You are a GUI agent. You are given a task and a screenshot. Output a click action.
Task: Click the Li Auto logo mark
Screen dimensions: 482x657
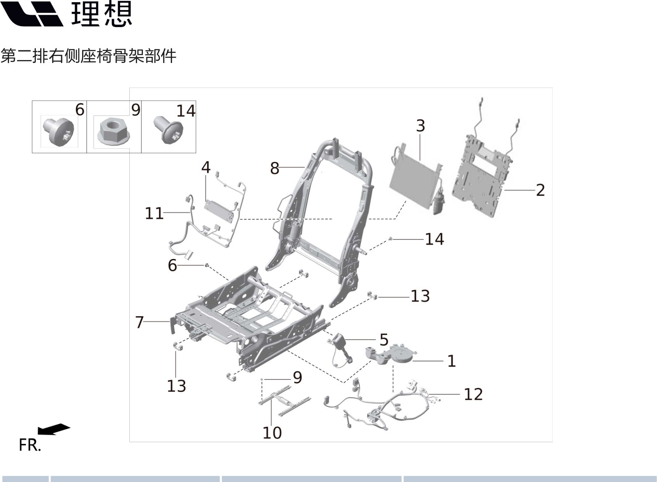point(33,14)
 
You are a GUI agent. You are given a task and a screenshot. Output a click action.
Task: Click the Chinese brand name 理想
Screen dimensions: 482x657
point(101,14)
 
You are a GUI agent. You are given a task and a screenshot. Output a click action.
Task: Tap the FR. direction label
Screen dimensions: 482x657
point(30,445)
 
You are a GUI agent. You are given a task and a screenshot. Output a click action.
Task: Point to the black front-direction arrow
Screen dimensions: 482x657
point(54,429)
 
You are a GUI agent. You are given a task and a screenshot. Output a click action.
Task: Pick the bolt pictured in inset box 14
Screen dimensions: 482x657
point(168,130)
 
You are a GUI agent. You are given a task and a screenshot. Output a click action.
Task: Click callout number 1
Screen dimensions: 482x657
point(452,361)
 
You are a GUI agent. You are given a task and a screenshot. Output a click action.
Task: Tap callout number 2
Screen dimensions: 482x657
point(540,190)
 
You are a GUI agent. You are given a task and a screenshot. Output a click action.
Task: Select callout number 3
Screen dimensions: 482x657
point(420,126)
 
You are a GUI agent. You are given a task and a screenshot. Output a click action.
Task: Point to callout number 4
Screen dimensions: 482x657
point(206,168)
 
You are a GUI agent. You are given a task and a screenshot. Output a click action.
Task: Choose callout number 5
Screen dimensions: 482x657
point(384,339)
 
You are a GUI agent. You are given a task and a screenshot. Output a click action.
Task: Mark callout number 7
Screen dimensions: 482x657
point(140,322)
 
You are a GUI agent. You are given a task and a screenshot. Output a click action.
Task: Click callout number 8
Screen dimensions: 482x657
point(274,168)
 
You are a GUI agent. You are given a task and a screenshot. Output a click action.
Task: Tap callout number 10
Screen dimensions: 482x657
point(272,433)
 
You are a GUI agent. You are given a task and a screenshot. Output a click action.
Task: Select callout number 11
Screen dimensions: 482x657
point(154,213)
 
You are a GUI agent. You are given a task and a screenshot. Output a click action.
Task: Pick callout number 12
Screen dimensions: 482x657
point(473,394)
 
